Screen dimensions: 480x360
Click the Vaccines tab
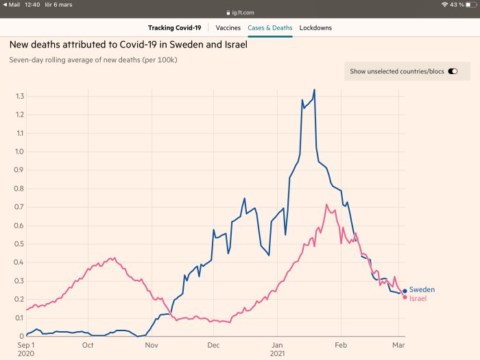(228, 28)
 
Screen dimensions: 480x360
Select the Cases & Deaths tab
(270, 28)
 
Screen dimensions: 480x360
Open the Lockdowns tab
(315, 28)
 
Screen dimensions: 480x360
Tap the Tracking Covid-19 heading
(174, 28)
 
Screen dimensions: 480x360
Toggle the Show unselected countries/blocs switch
(453, 71)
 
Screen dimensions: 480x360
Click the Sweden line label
(422, 289)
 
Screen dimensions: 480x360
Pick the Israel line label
(418, 298)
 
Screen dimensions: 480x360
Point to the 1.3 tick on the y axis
(20, 97)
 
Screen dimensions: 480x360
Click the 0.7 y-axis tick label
(19, 207)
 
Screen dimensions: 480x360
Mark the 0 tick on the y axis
(22, 336)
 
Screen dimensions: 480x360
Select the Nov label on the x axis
(152, 345)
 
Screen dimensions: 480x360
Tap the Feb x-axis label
(341, 345)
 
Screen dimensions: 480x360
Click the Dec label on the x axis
(213, 345)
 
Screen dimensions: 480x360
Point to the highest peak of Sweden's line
(314, 89)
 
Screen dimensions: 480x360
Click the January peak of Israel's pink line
(326, 204)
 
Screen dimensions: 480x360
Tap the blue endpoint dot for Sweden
(405, 291)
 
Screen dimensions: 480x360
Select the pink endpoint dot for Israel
(405, 297)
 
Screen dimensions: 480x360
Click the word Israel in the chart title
(236, 45)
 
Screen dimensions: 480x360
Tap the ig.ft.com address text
(243, 12)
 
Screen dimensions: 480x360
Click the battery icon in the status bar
(472, 5)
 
